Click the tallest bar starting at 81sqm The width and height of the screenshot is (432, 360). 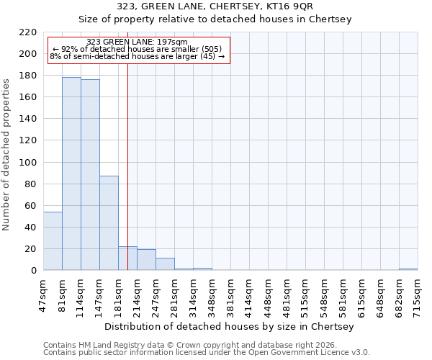coord(71,174)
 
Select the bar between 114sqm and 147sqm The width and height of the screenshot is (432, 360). coord(90,175)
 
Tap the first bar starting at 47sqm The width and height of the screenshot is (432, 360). coord(53,241)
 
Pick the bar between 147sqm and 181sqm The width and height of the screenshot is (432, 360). coord(109,223)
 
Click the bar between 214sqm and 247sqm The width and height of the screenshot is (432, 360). coord(146,260)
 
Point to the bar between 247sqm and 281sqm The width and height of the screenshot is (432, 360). coord(165,264)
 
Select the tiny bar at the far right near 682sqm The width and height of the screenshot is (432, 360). coord(408,269)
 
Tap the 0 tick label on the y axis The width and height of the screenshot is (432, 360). coord(34,271)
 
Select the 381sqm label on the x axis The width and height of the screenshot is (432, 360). coord(231,292)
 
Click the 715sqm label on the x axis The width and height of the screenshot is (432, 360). coord(418,292)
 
